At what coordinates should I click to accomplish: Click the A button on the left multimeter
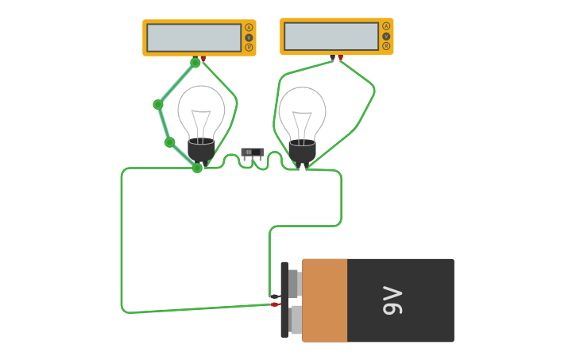pyautogui.click(x=249, y=28)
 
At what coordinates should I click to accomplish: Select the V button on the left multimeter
pyautogui.click(x=249, y=37)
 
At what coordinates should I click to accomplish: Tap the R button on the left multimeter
pyautogui.click(x=249, y=48)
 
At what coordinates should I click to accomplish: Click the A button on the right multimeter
pyautogui.click(x=386, y=26)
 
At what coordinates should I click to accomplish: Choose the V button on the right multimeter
pyautogui.click(x=386, y=36)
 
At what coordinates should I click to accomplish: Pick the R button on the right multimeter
pyautogui.click(x=386, y=46)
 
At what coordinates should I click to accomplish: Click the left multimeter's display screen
pyautogui.click(x=194, y=37)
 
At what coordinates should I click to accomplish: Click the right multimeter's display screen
pyautogui.click(x=331, y=36)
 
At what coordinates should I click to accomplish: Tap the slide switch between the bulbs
pyautogui.click(x=252, y=152)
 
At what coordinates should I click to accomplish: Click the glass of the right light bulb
pyautogui.click(x=302, y=111)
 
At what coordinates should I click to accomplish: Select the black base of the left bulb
pyautogui.click(x=201, y=151)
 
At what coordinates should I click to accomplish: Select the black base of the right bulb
pyautogui.click(x=302, y=152)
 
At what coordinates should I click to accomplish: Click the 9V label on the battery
pyautogui.click(x=393, y=300)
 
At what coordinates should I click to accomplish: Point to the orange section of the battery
pyautogui.click(x=324, y=300)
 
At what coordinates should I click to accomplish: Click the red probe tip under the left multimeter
pyautogui.click(x=203, y=59)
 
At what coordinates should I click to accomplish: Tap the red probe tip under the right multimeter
pyautogui.click(x=341, y=57)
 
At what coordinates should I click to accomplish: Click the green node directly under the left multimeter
pyautogui.click(x=195, y=63)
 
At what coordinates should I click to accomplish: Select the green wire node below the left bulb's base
pyautogui.click(x=197, y=168)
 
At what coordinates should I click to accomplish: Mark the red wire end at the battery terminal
pyautogui.click(x=274, y=304)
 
